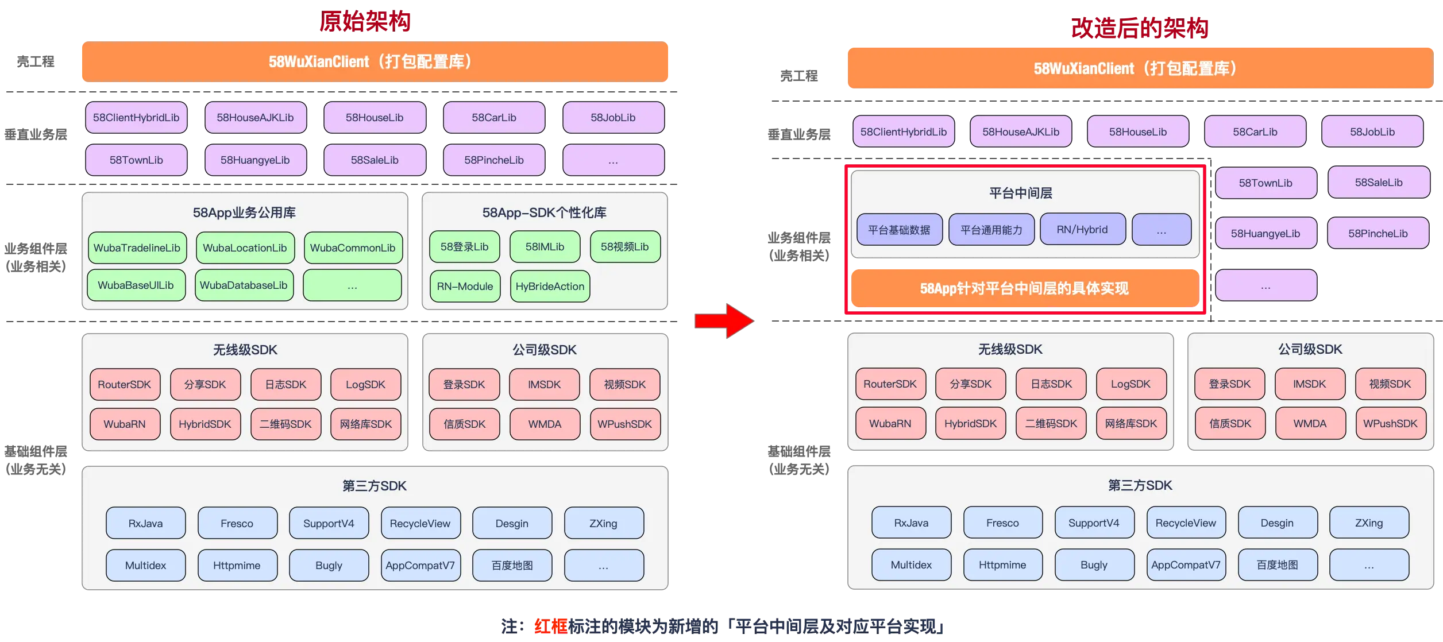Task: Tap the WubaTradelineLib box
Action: pyautogui.click(x=137, y=247)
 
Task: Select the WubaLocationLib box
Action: pyautogui.click(x=245, y=247)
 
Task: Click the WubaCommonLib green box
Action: pyautogui.click(x=353, y=247)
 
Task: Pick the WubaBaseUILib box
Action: pyautogui.click(x=136, y=285)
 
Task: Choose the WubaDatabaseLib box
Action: pyautogui.click(x=244, y=285)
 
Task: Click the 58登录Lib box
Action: pyautogui.click(x=464, y=246)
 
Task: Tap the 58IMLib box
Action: pyautogui.click(x=545, y=246)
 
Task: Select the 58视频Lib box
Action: pyautogui.click(x=625, y=246)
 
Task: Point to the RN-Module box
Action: pyautogui.click(x=465, y=286)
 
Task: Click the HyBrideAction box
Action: pyautogui.click(x=550, y=286)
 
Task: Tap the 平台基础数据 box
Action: pyautogui.click(x=899, y=230)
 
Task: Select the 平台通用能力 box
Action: pyautogui.click(x=991, y=230)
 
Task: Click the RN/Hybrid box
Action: pyautogui.click(x=1082, y=229)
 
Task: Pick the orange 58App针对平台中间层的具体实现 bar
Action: pyautogui.click(x=1024, y=288)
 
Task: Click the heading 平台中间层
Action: pyautogui.click(x=1021, y=193)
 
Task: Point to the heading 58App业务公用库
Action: pyautogui.click(x=244, y=212)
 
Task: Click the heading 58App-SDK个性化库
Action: pyautogui.click(x=544, y=212)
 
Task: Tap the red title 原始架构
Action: pyautogui.click(x=365, y=21)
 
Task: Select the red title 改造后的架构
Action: pyautogui.click(x=1139, y=28)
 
